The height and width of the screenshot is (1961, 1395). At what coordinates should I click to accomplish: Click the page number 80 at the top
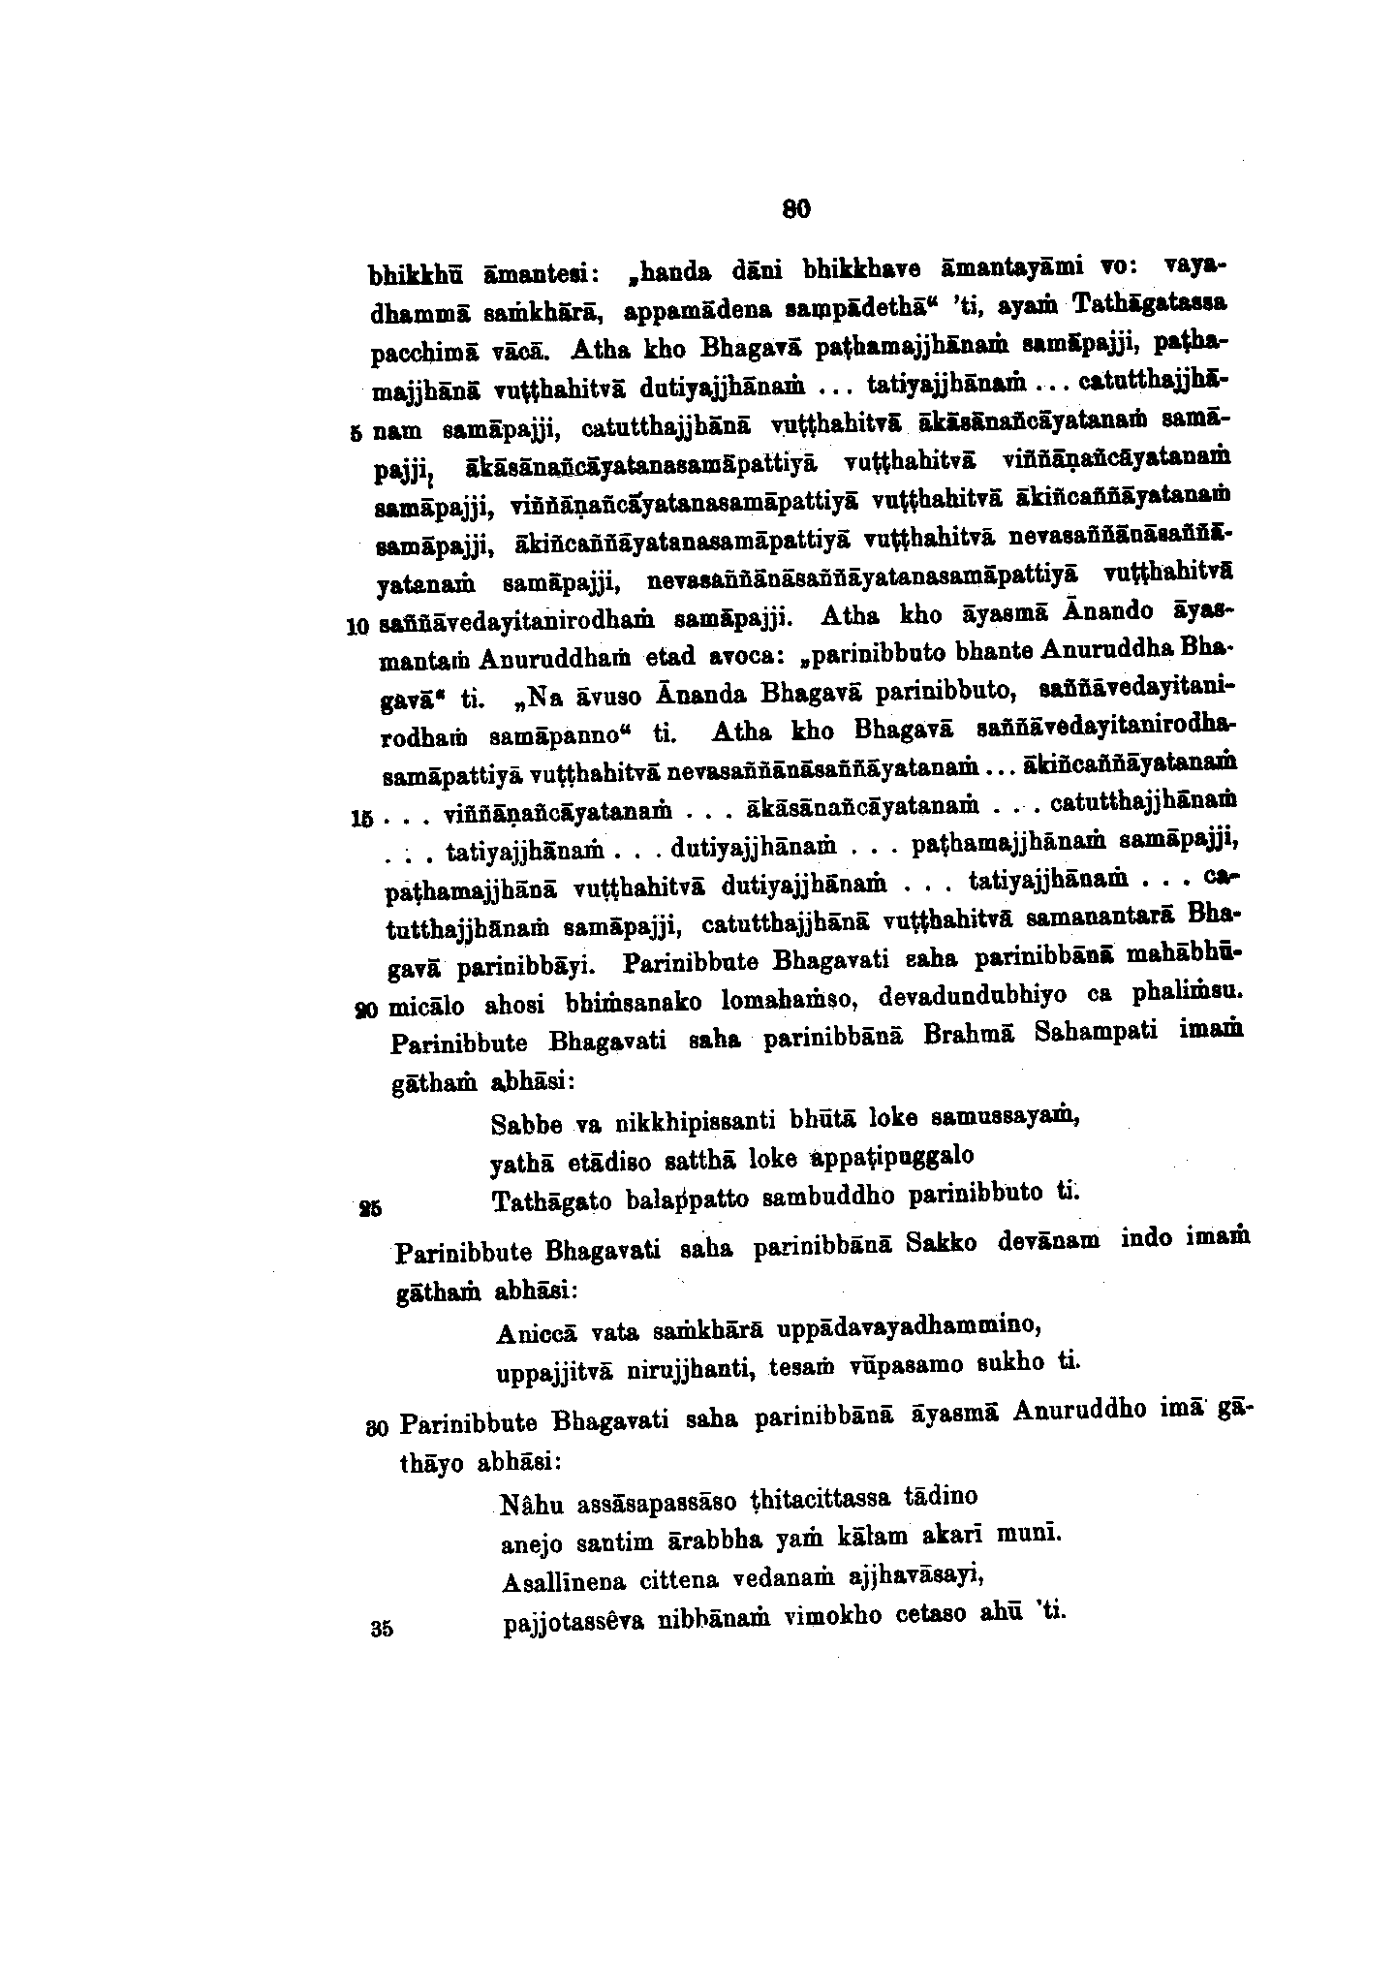(x=795, y=207)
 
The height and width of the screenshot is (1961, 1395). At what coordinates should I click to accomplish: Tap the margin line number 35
(x=381, y=1629)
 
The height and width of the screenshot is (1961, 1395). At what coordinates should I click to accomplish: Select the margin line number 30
(x=378, y=1426)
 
